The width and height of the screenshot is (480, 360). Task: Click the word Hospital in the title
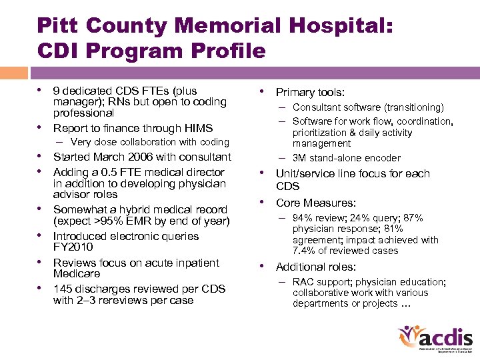point(342,26)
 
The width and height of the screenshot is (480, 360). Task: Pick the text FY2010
point(76,247)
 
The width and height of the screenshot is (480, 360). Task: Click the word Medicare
point(77,273)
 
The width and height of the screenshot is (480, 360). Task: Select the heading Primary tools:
point(310,93)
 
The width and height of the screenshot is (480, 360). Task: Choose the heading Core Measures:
point(316,203)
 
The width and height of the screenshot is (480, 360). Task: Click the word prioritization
point(319,133)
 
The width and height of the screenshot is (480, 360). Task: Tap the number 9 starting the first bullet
point(57,91)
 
